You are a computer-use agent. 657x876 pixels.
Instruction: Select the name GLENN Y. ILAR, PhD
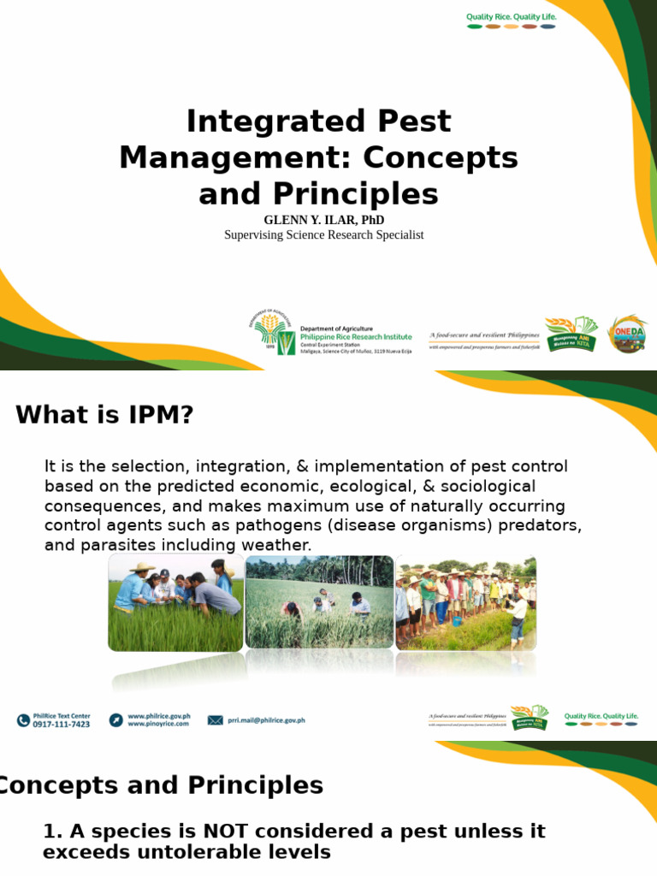tap(323, 220)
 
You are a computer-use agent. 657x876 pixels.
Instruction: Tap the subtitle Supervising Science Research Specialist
tap(323, 234)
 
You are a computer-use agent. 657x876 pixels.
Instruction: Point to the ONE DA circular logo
tap(627, 334)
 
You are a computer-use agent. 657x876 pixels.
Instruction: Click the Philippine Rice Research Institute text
tap(355, 337)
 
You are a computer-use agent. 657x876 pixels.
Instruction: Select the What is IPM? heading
tap(104, 416)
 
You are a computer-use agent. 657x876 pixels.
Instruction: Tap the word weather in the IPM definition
tap(281, 545)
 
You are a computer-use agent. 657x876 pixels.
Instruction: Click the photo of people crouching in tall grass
tap(319, 602)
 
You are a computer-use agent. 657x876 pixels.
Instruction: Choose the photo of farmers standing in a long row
tap(465, 602)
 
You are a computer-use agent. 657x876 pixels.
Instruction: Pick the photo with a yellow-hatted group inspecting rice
tap(175, 602)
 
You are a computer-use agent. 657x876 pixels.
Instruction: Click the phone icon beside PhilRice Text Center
tap(23, 720)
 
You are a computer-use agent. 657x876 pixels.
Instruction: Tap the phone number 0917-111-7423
tap(61, 725)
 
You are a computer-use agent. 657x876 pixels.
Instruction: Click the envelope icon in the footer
tap(215, 720)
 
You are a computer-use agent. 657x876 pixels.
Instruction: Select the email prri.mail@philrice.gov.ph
tap(266, 720)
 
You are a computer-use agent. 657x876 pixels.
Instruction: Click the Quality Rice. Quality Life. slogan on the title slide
tap(511, 16)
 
